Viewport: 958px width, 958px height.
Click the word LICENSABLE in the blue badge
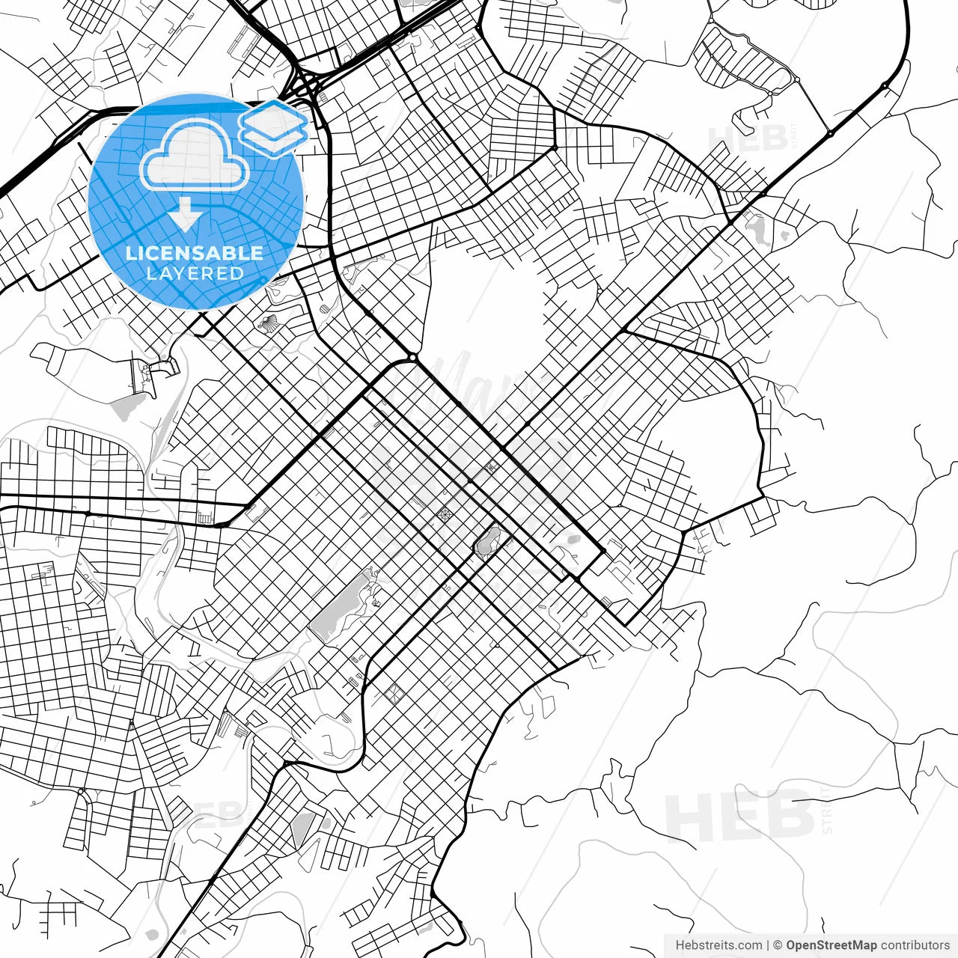tap(195, 253)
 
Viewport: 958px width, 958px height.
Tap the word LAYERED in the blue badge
tap(195, 273)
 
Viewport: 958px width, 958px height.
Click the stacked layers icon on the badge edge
tap(273, 127)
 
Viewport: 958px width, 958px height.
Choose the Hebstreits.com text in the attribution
tap(718, 945)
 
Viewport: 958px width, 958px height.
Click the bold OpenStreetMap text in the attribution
tap(831, 945)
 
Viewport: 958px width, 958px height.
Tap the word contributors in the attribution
tap(915, 945)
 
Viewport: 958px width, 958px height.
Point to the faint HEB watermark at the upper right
tap(748, 138)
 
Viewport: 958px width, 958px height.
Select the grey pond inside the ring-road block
tap(489, 540)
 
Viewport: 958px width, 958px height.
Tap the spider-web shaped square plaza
tap(445, 514)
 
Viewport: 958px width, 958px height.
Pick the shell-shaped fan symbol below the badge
tap(267, 323)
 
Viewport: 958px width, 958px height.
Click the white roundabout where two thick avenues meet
tap(412, 357)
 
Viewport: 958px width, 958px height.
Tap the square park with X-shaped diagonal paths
tap(393, 694)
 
